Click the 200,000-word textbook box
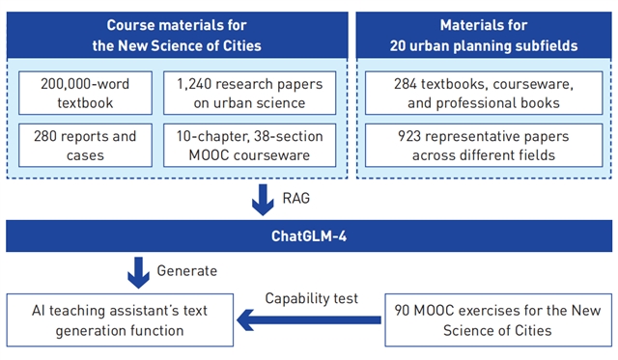pyautogui.click(x=85, y=93)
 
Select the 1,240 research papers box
pyautogui.click(x=249, y=93)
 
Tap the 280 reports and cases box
pyautogui.click(x=85, y=146)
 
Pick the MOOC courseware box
pyautogui.click(x=249, y=146)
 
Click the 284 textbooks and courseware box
pyautogui.click(x=484, y=93)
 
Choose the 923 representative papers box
pyautogui.click(x=484, y=146)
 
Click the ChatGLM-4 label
pyautogui.click(x=309, y=236)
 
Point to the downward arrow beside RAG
pyautogui.click(x=263, y=200)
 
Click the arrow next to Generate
pyautogui.click(x=138, y=273)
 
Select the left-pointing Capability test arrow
pyautogui.click(x=309, y=319)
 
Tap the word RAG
pyautogui.click(x=296, y=198)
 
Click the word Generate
pyautogui.click(x=186, y=271)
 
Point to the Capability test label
pyautogui.click(x=311, y=298)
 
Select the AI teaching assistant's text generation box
pyautogui.click(x=120, y=320)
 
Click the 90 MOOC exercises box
pyautogui.click(x=498, y=320)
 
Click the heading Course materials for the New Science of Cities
pyautogui.click(x=177, y=36)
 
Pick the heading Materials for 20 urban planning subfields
pyautogui.click(x=484, y=36)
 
